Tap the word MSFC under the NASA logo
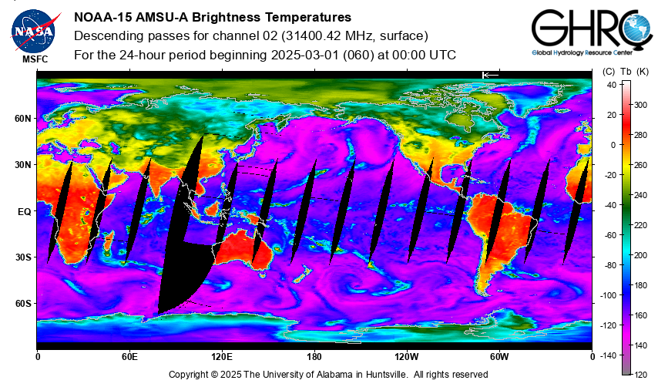click(35, 59)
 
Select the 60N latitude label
click(22, 119)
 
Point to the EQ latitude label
click(25, 212)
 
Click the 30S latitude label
click(22, 257)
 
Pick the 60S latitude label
click(22, 304)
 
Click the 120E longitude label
click(222, 357)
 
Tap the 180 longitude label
click(314, 357)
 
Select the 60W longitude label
click(499, 357)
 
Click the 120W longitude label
click(407, 357)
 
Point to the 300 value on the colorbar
click(640, 105)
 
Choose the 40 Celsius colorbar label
click(612, 85)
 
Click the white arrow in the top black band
click(490, 75)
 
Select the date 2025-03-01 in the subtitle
click(305, 55)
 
